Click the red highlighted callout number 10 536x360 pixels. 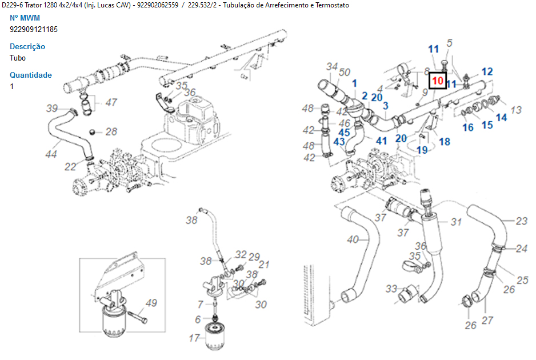coord(437,81)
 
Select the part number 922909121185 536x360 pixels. coord(34,29)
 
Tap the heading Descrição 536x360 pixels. coord(27,46)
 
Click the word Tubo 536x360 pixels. coord(18,58)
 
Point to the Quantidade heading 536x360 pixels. coord(31,75)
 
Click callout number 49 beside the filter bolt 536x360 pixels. coord(151,303)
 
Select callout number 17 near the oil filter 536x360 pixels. coord(194,338)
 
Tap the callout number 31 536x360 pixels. coord(456,222)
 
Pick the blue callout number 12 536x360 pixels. coord(487,72)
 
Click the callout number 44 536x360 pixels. coord(51,154)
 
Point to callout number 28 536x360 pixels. coord(111,132)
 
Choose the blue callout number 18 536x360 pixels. coord(444,141)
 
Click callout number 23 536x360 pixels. coord(521,221)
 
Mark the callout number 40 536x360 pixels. coord(353,239)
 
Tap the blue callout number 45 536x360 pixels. coord(345,133)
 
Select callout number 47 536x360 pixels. coord(111,103)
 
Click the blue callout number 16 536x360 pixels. coord(468,127)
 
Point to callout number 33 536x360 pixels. coord(391,289)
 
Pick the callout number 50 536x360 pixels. coord(345,73)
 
